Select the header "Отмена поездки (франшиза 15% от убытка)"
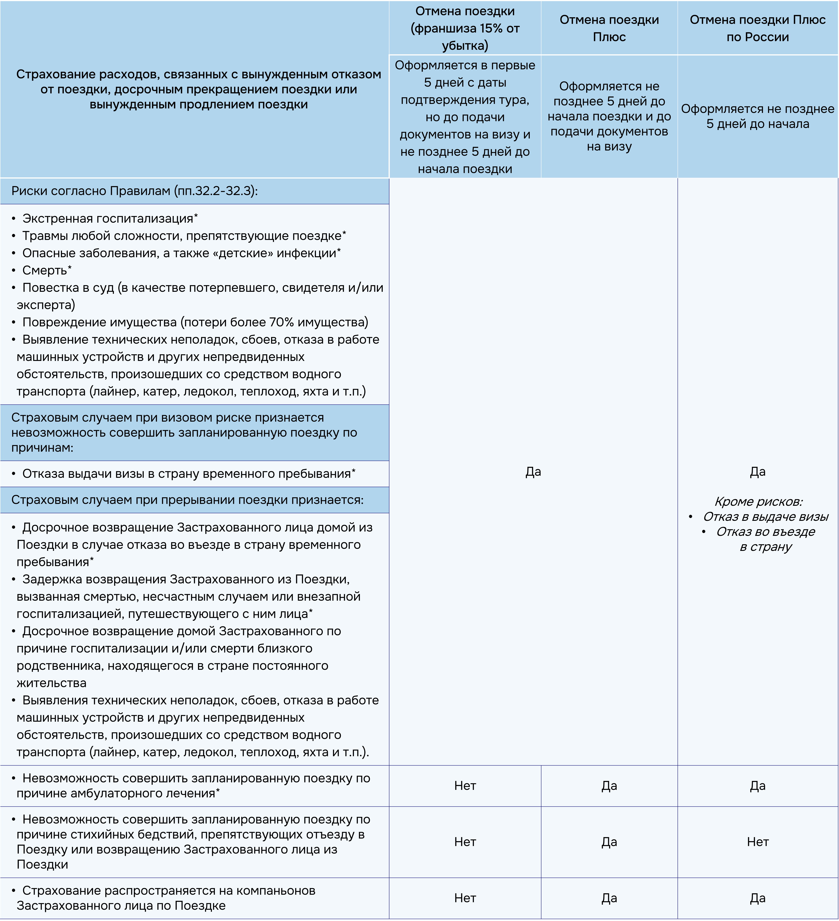465,28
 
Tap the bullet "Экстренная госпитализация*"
110,218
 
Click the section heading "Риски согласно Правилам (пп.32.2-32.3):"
134,191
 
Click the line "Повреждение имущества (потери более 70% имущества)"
195,322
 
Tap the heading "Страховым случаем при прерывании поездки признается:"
187,500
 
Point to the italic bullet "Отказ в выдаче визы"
766,517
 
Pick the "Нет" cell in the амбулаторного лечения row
465,786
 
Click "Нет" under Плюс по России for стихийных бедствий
758,842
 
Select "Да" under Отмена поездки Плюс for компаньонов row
609,898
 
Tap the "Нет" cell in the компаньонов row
465,898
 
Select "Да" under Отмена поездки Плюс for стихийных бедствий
609,842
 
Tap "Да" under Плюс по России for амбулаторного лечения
758,786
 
